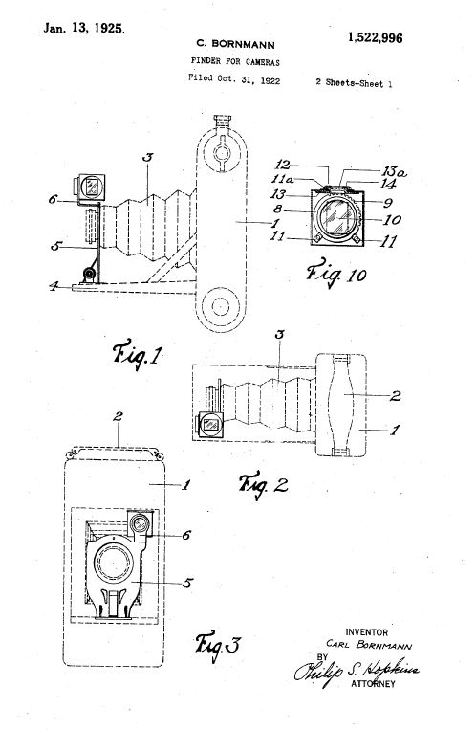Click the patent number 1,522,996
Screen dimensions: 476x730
pos(375,37)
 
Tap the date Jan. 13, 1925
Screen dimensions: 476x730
pos(84,28)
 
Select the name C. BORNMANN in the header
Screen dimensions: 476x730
pos(235,44)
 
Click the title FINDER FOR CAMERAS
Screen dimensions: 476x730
pos(235,61)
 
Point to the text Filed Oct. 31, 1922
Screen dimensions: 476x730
pos(234,79)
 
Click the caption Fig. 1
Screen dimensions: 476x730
pos(137,355)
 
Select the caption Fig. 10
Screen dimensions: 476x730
pos(335,273)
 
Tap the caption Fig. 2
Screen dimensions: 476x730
pos(264,485)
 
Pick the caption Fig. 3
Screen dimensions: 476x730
pos(217,646)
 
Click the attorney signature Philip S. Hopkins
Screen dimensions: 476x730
pos(357,672)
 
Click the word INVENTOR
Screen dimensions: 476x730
pos(366,632)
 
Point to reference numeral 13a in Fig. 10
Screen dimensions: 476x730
pos(394,172)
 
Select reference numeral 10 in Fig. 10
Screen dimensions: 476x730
pos(392,219)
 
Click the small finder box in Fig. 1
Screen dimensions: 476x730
pos(91,188)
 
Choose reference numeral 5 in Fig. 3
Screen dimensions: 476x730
pos(187,583)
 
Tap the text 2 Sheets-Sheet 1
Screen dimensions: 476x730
pos(354,83)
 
